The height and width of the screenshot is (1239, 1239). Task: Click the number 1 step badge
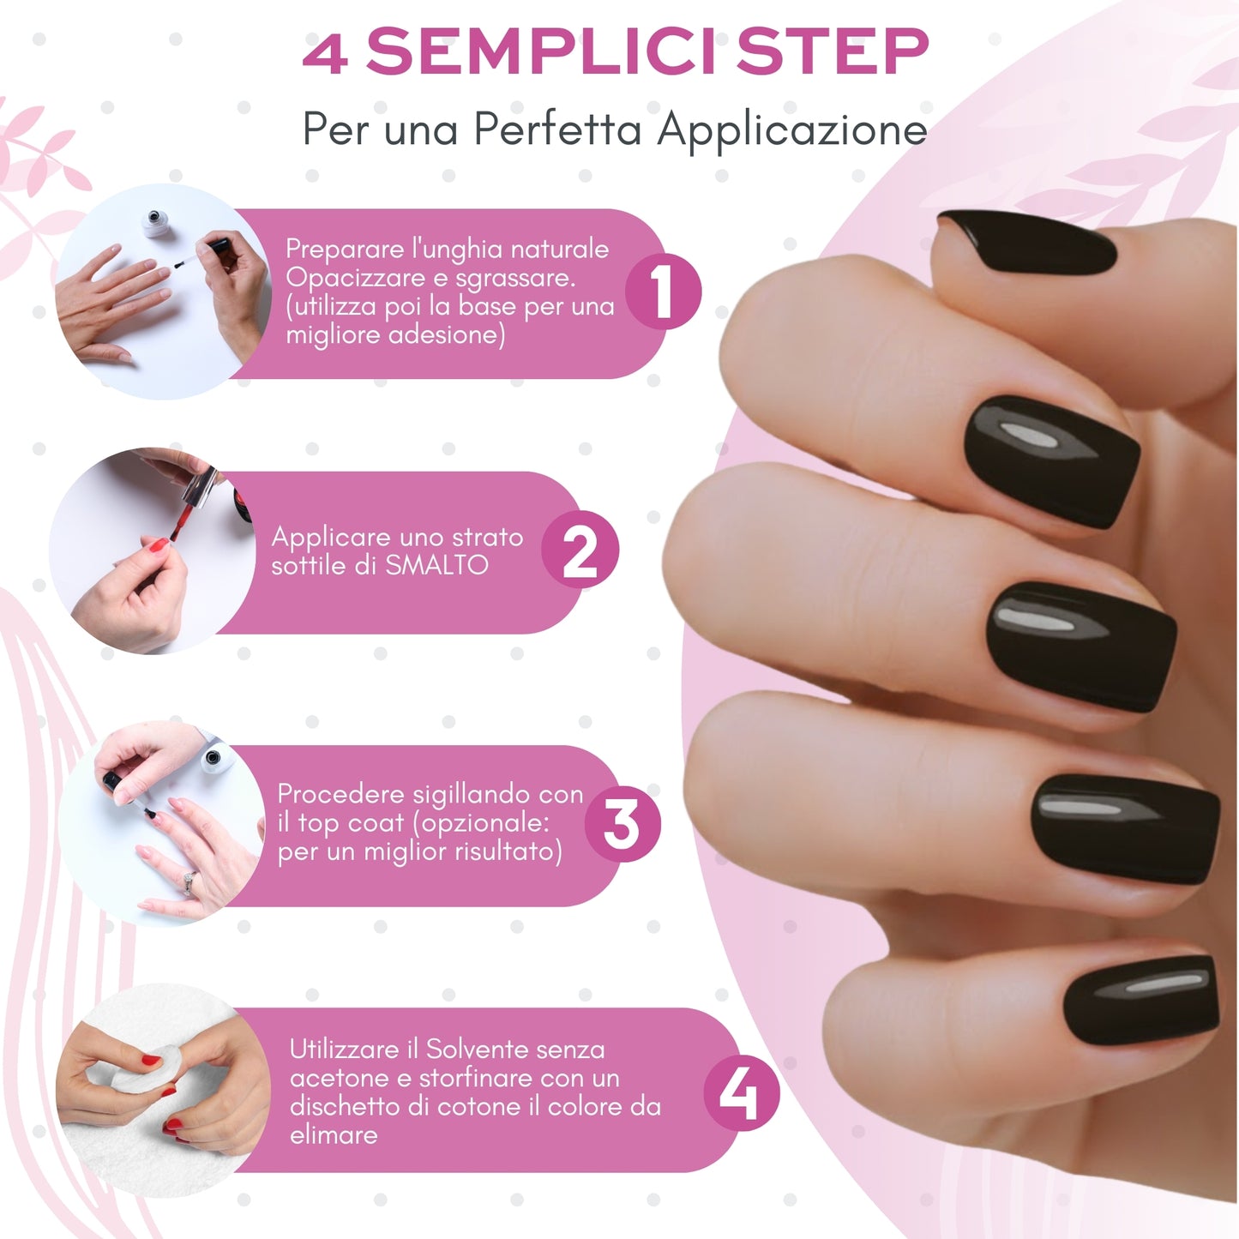[x=663, y=292]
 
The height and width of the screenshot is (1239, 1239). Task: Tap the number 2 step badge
[x=580, y=550]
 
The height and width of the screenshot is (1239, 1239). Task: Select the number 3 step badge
[x=622, y=824]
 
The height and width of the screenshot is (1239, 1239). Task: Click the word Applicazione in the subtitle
[x=792, y=130]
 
